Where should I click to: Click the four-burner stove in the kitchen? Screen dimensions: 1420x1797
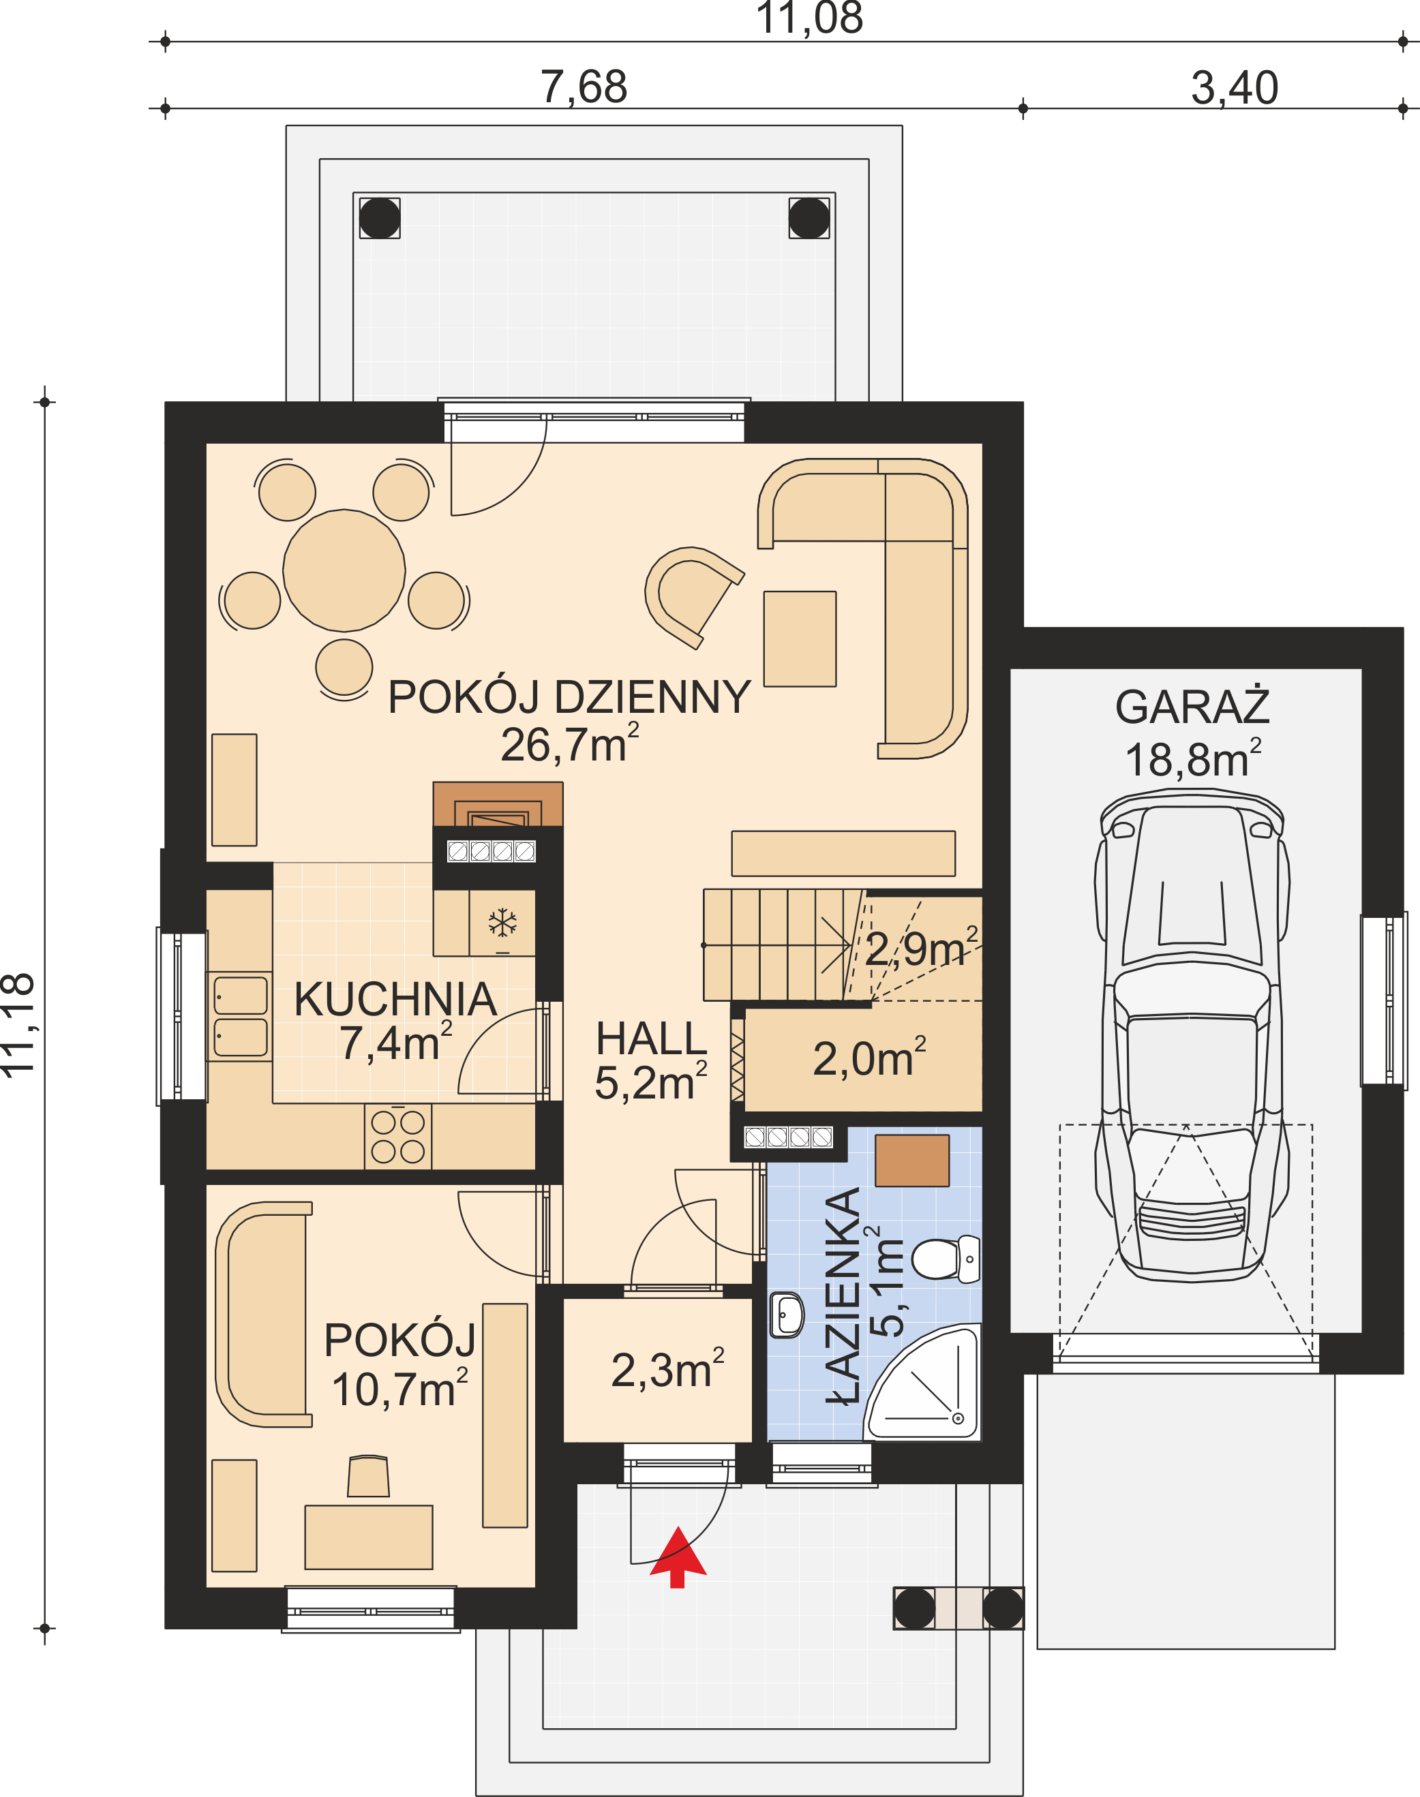click(x=397, y=1136)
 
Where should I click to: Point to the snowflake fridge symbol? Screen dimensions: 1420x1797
click(x=502, y=923)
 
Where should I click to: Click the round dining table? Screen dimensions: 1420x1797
click(x=344, y=570)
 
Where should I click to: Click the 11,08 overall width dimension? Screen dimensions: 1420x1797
click(x=810, y=18)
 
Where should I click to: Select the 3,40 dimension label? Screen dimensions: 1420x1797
click(x=1235, y=87)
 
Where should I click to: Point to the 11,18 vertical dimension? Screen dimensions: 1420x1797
click(x=18, y=1025)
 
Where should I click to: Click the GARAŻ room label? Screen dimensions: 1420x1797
click(x=1192, y=707)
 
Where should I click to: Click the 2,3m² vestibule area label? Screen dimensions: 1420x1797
click(x=667, y=1369)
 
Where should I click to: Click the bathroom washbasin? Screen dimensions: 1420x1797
click(x=787, y=1314)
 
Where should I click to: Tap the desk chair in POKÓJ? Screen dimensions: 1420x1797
click(x=368, y=1476)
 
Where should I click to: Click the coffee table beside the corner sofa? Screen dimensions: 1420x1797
click(x=800, y=639)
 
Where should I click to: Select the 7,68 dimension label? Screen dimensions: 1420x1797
click(x=584, y=87)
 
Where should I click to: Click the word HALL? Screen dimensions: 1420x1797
click(x=651, y=1039)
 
